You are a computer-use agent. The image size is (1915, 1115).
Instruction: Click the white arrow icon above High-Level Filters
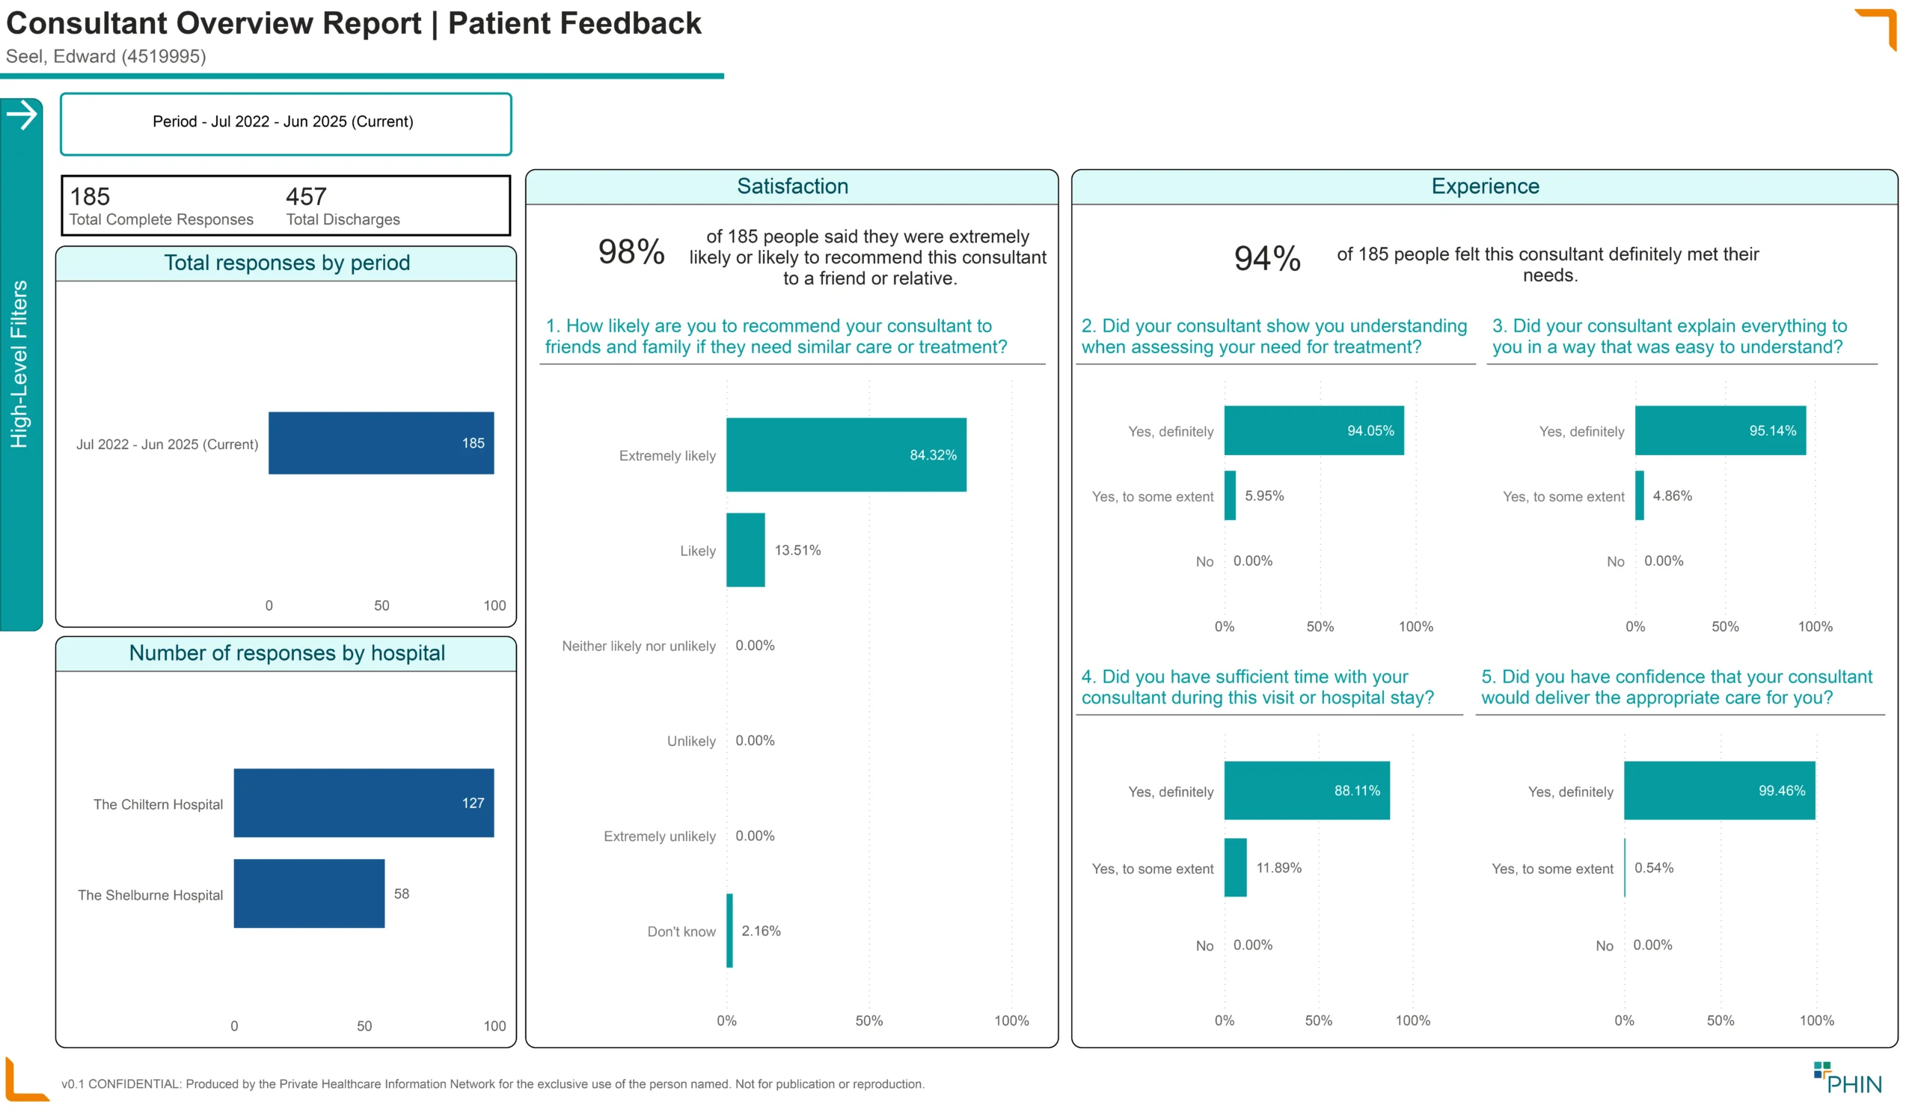point(22,114)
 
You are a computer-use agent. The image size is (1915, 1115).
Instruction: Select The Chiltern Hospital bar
point(364,803)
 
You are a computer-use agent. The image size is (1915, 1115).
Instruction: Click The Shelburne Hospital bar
point(309,893)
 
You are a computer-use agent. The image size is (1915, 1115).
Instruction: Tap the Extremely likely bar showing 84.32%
point(847,454)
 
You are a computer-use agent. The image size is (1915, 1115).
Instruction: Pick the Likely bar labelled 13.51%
point(746,549)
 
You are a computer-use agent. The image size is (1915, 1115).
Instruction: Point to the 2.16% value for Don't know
point(762,931)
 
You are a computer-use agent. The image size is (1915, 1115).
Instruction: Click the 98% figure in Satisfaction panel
point(631,251)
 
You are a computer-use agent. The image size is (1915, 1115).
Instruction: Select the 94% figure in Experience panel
point(1267,258)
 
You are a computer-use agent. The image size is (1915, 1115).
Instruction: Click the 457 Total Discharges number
point(306,197)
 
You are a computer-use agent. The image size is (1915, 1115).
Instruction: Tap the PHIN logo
point(1848,1078)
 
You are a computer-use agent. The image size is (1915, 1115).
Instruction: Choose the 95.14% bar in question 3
point(1721,430)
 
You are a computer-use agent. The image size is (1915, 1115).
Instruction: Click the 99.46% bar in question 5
point(1720,790)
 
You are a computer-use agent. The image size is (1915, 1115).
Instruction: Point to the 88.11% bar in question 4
point(1307,790)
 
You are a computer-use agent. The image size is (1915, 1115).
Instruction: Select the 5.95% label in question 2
point(1264,496)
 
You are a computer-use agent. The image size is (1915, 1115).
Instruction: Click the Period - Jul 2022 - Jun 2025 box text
point(283,122)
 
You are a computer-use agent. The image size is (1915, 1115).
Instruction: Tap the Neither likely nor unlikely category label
point(639,646)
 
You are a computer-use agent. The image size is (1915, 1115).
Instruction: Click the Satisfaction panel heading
point(793,186)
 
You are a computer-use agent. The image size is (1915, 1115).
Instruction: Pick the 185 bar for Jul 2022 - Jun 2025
point(382,443)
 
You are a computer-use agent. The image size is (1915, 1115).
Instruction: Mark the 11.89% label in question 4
point(1279,868)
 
